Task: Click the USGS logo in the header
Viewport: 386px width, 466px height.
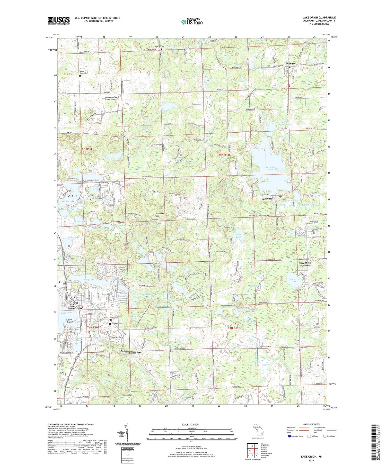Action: pos(59,21)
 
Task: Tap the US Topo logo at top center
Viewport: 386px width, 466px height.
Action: pos(192,22)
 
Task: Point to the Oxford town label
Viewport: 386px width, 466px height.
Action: pos(73,196)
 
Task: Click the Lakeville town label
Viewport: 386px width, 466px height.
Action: pos(267,199)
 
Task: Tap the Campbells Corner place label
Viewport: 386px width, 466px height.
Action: pos(305,264)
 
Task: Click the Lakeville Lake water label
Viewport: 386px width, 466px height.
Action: pos(270,168)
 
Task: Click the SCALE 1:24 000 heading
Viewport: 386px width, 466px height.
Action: pos(191,424)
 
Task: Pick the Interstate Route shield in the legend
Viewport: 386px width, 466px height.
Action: pos(290,436)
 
